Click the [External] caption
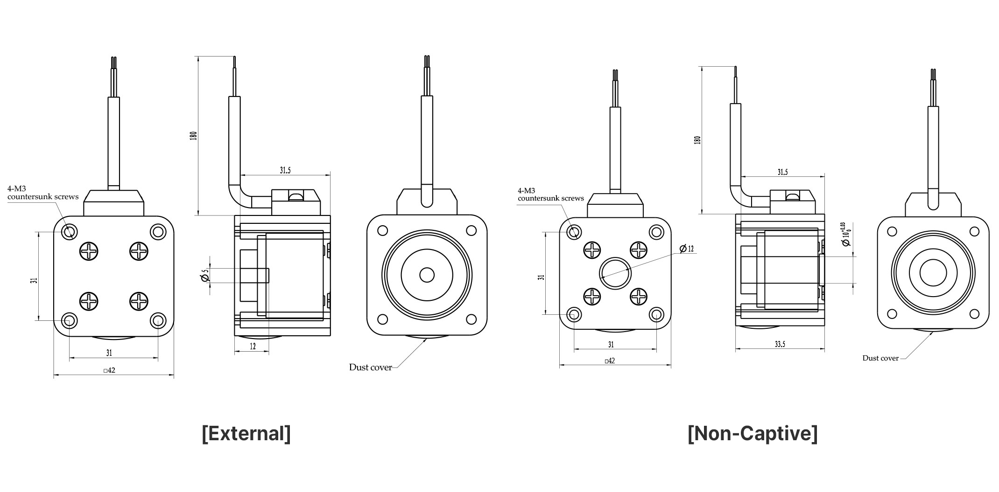point(246,433)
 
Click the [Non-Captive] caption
point(753,433)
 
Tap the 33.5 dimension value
point(780,344)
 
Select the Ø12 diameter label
point(687,249)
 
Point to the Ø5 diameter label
point(204,276)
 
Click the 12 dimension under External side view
point(253,346)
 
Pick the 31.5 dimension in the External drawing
point(285,170)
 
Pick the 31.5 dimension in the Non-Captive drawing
point(782,172)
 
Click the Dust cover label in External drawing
point(370,367)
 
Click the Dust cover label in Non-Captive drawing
point(880,358)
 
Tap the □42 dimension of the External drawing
point(109,370)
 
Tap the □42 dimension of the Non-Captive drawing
point(610,360)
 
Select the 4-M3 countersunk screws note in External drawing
point(43,193)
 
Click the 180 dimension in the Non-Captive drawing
point(697,139)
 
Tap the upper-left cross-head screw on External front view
point(89,251)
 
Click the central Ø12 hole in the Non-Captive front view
point(615,273)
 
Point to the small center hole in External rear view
point(427,275)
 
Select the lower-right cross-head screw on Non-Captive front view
point(638,296)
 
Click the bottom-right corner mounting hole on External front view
point(158,320)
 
